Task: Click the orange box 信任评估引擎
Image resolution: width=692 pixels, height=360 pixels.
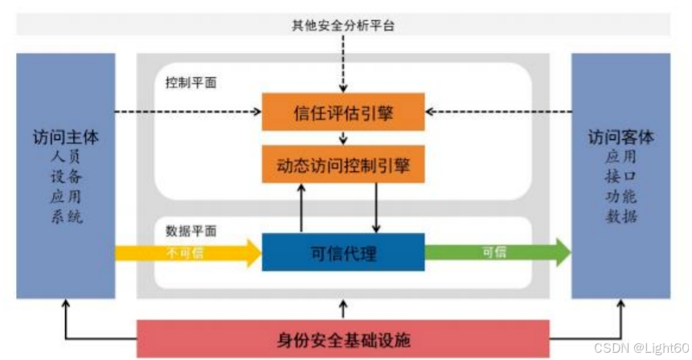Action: (x=343, y=112)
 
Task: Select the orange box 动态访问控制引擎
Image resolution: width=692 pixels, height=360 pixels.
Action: (x=343, y=166)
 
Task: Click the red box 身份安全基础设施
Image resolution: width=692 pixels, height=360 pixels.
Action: (x=343, y=338)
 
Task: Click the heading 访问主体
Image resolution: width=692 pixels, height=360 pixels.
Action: (x=66, y=137)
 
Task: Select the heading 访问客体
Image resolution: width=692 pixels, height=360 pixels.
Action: (x=620, y=137)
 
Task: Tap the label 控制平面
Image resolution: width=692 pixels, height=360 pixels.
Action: (x=190, y=82)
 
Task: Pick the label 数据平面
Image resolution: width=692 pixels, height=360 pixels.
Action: (x=190, y=231)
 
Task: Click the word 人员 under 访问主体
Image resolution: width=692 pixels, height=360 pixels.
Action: (x=66, y=157)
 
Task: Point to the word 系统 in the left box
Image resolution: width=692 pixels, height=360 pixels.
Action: (x=66, y=217)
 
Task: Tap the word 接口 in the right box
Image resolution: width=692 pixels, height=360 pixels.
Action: (x=620, y=177)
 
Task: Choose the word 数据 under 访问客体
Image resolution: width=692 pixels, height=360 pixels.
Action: (x=620, y=217)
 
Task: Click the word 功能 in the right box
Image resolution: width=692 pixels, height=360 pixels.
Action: (x=620, y=197)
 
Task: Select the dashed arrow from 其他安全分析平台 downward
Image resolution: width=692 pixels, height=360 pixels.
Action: (x=343, y=64)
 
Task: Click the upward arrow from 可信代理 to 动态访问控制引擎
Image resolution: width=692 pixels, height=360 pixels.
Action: (x=302, y=207)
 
